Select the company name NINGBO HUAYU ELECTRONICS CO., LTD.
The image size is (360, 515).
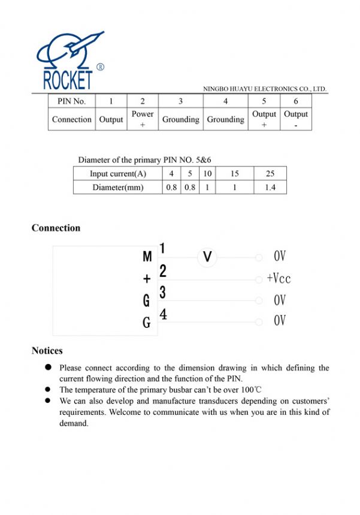click(265, 89)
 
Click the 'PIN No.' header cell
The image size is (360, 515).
click(71, 101)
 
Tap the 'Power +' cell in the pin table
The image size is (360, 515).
click(143, 119)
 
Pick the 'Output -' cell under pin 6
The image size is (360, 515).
click(296, 119)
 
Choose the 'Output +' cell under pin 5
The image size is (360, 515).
click(264, 119)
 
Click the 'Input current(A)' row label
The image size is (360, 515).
click(118, 174)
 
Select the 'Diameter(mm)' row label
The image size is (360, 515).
click(118, 187)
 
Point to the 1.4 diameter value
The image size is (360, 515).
click(270, 187)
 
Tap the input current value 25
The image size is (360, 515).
click(270, 174)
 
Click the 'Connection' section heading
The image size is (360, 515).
click(56, 228)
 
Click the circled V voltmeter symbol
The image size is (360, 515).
click(207, 257)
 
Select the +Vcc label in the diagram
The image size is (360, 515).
click(279, 278)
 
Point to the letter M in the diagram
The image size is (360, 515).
click(147, 257)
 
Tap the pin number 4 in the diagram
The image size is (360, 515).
click(163, 314)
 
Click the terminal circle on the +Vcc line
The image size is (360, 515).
click(259, 279)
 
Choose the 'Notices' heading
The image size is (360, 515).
click(47, 351)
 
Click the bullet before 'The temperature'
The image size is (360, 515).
click(47, 389)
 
